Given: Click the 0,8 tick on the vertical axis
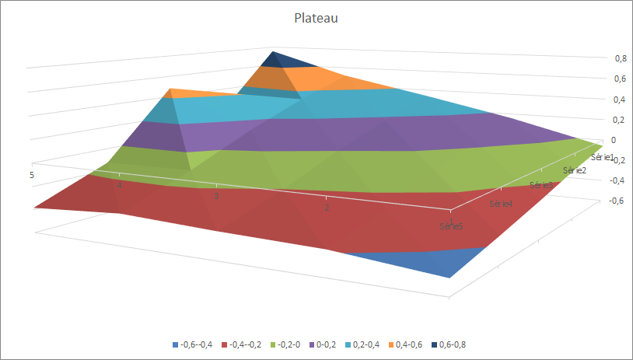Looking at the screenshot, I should tap(600, 58).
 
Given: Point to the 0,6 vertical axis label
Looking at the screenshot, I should tap(600, 79).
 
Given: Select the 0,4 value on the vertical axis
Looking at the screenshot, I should tap(600, 100).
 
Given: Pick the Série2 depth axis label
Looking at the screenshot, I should tap(574, 170).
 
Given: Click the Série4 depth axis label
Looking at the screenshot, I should tap(501, 204).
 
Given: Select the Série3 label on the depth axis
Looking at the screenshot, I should tap(540, 185).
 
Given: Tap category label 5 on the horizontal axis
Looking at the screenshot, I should tap(32, 176).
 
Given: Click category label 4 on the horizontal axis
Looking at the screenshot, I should tap(119, 186).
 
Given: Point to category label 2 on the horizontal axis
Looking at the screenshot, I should tap(327, 209).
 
